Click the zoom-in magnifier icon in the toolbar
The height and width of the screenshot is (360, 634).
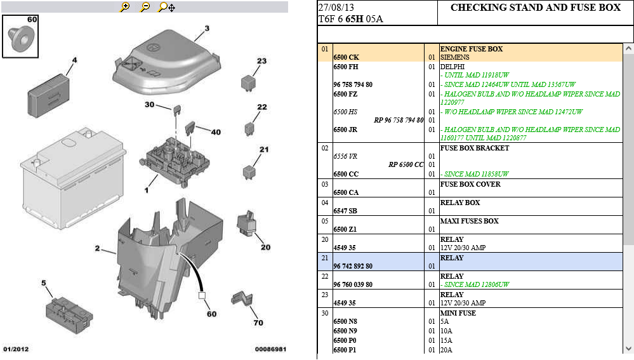pyautogui.click(x=125, y=7)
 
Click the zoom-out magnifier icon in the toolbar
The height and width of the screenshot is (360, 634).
pyautogui.click(x=145, y=7)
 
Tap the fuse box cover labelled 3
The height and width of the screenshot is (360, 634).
pyautogui.click(x=166, y=62)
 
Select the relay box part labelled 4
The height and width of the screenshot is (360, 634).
pyautogui.click(x=48, y=96)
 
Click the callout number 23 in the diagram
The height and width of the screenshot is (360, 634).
pyautogui.click(x=261, y=61)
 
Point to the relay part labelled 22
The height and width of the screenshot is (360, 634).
pyautogui.click(x=249, y=129)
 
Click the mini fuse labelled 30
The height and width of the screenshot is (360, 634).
pyautogui.click(x=176, y=110)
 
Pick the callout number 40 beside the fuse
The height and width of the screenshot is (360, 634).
pyautogui.click(x=216, y=132)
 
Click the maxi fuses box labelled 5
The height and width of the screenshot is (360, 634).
pyautogui.click(x=69, y=315)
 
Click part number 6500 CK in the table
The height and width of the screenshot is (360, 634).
pyautogui.click(x=346, y=57)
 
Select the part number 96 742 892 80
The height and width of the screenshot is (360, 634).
pyautogui.click(x=353, y=266)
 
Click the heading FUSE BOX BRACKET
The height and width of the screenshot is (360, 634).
pyautogui.click(x=475, y=148)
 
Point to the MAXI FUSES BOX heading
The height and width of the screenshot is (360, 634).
pyautogui.click(x=470, y=221)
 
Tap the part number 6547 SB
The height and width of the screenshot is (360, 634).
pyautogui.click(x=345, y=211)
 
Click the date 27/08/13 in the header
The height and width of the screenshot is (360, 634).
pyautogui.click(x=336, y=7)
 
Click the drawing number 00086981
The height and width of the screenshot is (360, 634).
pyautogui.click(x=270, y=349)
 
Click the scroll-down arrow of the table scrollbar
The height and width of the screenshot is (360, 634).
pyautogui.click(x=628, y=349)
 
